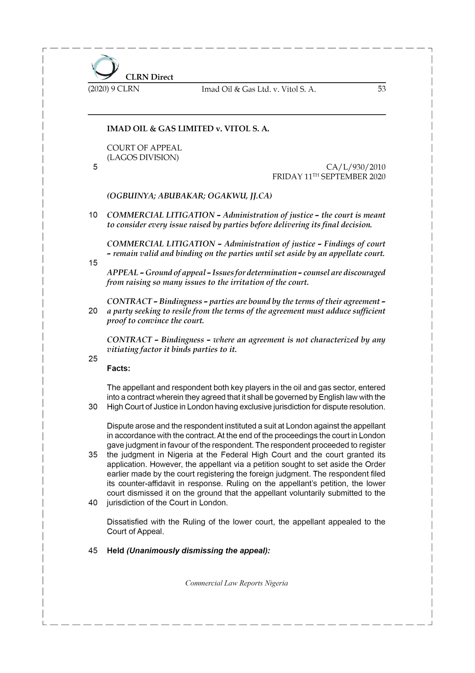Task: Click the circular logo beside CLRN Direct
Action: click(x=105, y=67)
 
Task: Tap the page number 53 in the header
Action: click(x=381, y=89)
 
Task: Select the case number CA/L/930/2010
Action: click(x=356, y=167)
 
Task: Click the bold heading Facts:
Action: click(x=118, y=369)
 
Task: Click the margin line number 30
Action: click(x=93, y=407)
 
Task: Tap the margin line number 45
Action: click(x=93, y=550)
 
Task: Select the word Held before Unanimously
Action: click(x=116, y=550)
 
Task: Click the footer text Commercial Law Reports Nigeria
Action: click(x=236, y=583)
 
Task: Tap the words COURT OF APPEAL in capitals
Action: click(x=144, y=148)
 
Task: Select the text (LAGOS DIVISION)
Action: click(x=143, y=157)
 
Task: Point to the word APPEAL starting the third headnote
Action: click(x=122, y=273)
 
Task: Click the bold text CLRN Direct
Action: click(x=149, y=77)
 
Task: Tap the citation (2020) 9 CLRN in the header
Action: click(x=114, y=89)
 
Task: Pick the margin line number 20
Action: click(x=93, y=311)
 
